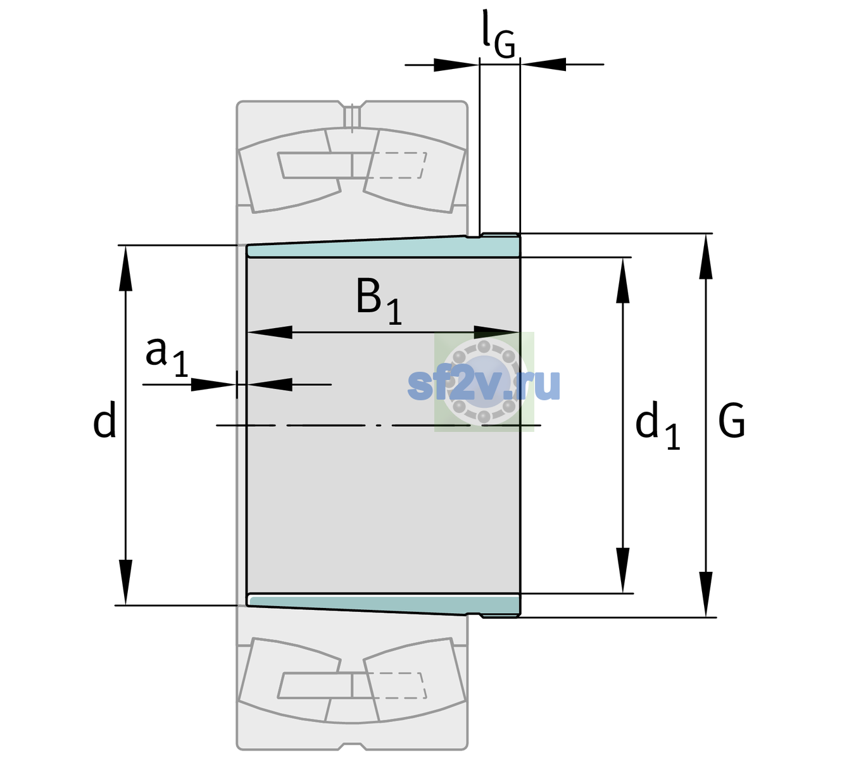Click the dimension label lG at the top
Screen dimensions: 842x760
tap(498, 34)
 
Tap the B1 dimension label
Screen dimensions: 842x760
tap(379, 301)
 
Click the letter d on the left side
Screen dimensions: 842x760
tap(104, 419)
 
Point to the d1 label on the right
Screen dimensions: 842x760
tap(657, 424)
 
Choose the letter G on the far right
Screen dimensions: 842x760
tap(731, 421)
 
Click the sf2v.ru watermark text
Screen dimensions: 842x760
tap(484, 384)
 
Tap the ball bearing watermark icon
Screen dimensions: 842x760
tap(484, 382)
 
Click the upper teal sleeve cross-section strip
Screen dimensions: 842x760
tap(383, 247)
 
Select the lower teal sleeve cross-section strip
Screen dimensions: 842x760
tap(383, 604)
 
